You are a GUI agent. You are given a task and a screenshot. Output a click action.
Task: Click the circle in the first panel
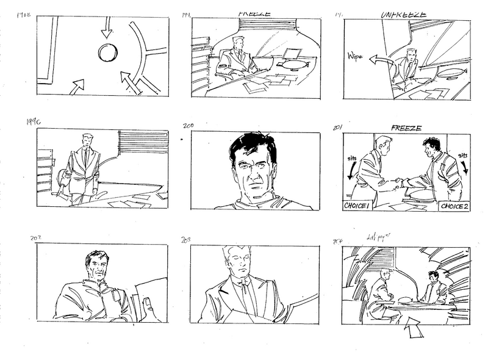(x=107, y=53)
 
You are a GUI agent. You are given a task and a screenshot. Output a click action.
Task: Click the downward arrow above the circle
(x=107, y=27)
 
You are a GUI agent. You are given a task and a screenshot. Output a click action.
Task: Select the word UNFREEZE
(x=404, y=13)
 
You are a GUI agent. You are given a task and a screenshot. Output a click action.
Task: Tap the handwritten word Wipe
(x=356, y=56)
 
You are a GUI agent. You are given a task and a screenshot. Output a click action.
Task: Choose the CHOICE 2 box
(x=454, y=206)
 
